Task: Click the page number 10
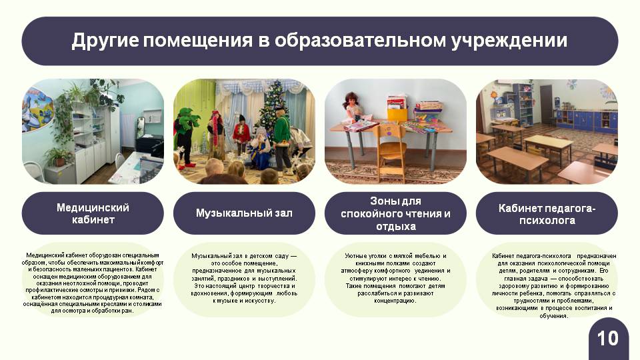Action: [608, 339]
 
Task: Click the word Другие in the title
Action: [105, 41]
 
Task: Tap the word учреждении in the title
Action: [509, 41]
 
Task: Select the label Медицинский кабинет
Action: [93, 213]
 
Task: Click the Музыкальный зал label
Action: [244, 213]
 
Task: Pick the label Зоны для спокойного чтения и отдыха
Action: [395, 213]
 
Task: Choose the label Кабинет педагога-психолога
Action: [547, 214]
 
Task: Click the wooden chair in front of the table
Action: [391, 152]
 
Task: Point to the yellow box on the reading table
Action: [397, 114]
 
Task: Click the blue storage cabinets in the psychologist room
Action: [586, 121]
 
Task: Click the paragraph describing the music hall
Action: [244, 279]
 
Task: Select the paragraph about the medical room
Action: [93, 283]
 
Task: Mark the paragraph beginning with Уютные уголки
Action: [395, 279]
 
